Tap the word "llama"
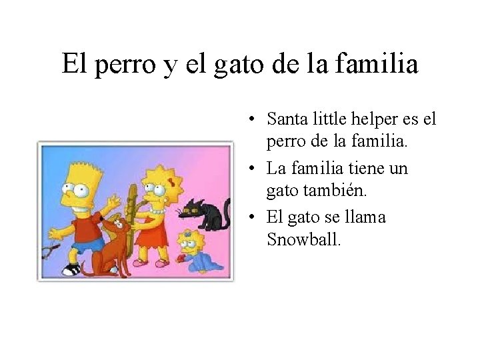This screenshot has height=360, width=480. [364, 217]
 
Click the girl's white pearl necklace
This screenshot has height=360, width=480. [157, 211]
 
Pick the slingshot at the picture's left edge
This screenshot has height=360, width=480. [49, 251]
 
